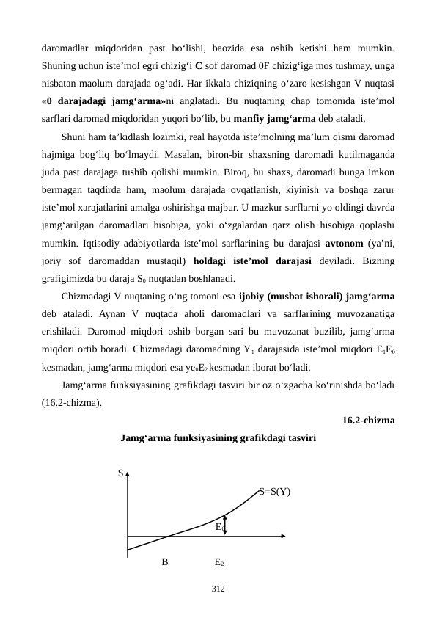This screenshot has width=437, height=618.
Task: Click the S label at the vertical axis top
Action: tap(120, 473)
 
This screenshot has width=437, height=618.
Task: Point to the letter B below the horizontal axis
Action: tap(165, 562)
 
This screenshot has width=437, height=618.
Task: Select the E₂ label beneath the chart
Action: tap(218, 562)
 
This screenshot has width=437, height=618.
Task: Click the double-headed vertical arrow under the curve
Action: tap(226, 526)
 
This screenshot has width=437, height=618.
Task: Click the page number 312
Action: tap(218, 589)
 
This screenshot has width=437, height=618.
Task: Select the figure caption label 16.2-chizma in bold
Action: tap(368, 421)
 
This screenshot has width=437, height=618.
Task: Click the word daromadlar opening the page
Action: tap(68, 49)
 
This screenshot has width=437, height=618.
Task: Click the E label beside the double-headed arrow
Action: tap(218, 526)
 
